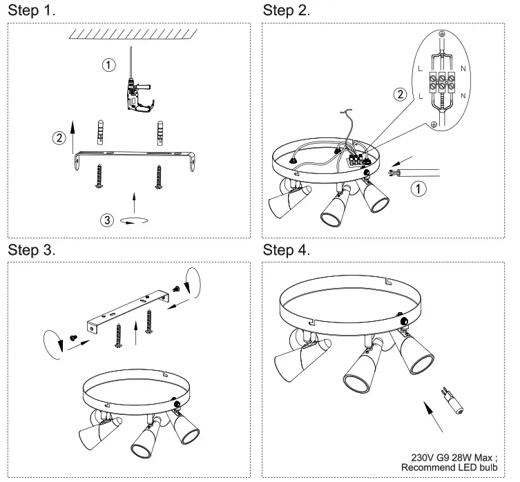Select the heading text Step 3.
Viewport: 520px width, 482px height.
[x=31, y=250]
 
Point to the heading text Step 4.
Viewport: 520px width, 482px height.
[x=287, y=250]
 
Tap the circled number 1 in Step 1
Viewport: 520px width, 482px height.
[x=108, y=66]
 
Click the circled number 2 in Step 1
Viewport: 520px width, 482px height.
[x=60, y=137]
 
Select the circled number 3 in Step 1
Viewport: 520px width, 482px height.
[x=106, y=220]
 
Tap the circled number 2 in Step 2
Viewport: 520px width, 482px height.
[x=398, y=95]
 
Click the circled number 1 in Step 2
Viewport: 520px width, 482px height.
[x=416, y=188]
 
